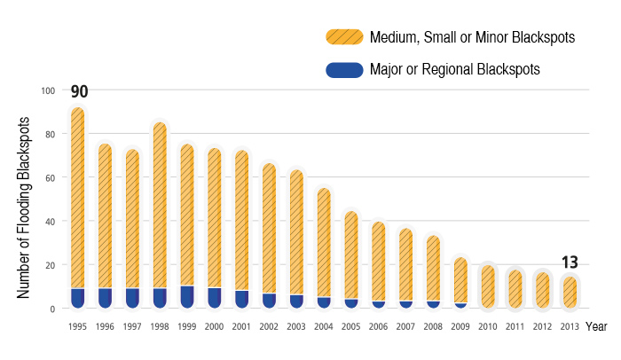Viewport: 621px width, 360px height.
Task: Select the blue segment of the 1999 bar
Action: click(187, 297)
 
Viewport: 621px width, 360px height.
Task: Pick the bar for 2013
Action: click(570, 293)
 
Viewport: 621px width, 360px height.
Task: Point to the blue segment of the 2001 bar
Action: click(241, 299)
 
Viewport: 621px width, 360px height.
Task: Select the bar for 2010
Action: click(488, 286)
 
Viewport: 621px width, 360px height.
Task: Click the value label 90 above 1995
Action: click(78, 91)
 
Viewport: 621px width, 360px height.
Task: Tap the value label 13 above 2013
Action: click(570, 262)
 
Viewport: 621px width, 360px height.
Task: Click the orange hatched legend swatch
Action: click(344, 37)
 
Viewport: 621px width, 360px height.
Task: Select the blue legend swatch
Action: click(344, 69)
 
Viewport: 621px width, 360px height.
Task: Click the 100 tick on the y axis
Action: click(48, 90)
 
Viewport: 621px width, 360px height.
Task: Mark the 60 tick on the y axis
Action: click(50, 177)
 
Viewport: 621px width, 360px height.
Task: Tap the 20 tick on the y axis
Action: click(50, 265)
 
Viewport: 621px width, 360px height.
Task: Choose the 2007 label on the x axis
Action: click(405, 326)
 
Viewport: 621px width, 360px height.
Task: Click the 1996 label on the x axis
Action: click(105, 326)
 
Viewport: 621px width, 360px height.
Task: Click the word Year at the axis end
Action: click(597, 326)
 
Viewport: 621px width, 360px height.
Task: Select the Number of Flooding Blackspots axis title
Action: click(25, 206)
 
